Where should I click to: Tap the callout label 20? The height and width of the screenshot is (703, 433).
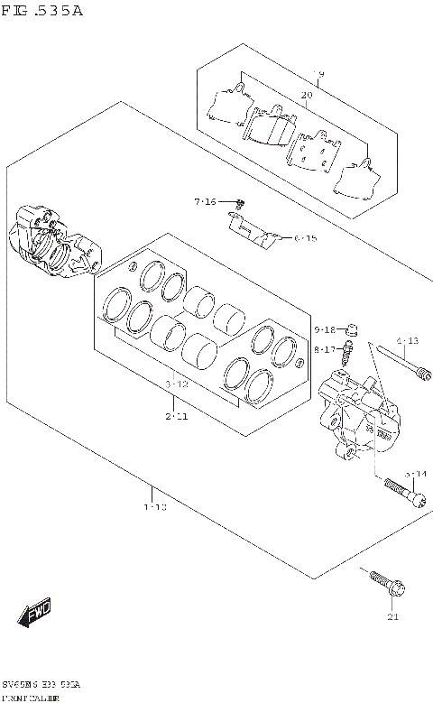point(306,95)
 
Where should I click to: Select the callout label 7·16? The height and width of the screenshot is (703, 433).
point(205,201)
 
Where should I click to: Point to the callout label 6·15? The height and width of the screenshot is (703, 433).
point(305,239)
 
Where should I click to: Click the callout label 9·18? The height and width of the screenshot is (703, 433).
point(325,329)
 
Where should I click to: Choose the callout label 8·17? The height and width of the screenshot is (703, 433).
point(325,348)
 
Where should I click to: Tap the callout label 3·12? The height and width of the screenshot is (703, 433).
point(176,384)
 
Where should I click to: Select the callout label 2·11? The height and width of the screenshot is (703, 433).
point(176,416)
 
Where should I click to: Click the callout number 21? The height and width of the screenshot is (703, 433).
point(392,617)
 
